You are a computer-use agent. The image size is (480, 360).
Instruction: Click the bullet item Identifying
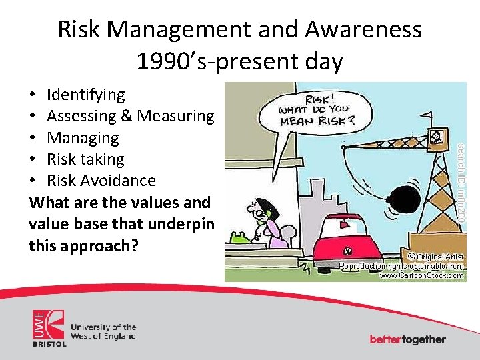85,95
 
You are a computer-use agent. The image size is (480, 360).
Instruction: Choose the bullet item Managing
83,138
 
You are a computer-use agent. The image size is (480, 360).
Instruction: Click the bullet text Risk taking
85,159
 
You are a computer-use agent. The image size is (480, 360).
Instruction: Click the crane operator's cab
437,136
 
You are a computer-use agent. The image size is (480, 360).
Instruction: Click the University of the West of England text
103,331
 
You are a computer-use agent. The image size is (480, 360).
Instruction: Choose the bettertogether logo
407,339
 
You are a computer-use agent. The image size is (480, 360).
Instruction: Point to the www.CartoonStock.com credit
421,274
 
